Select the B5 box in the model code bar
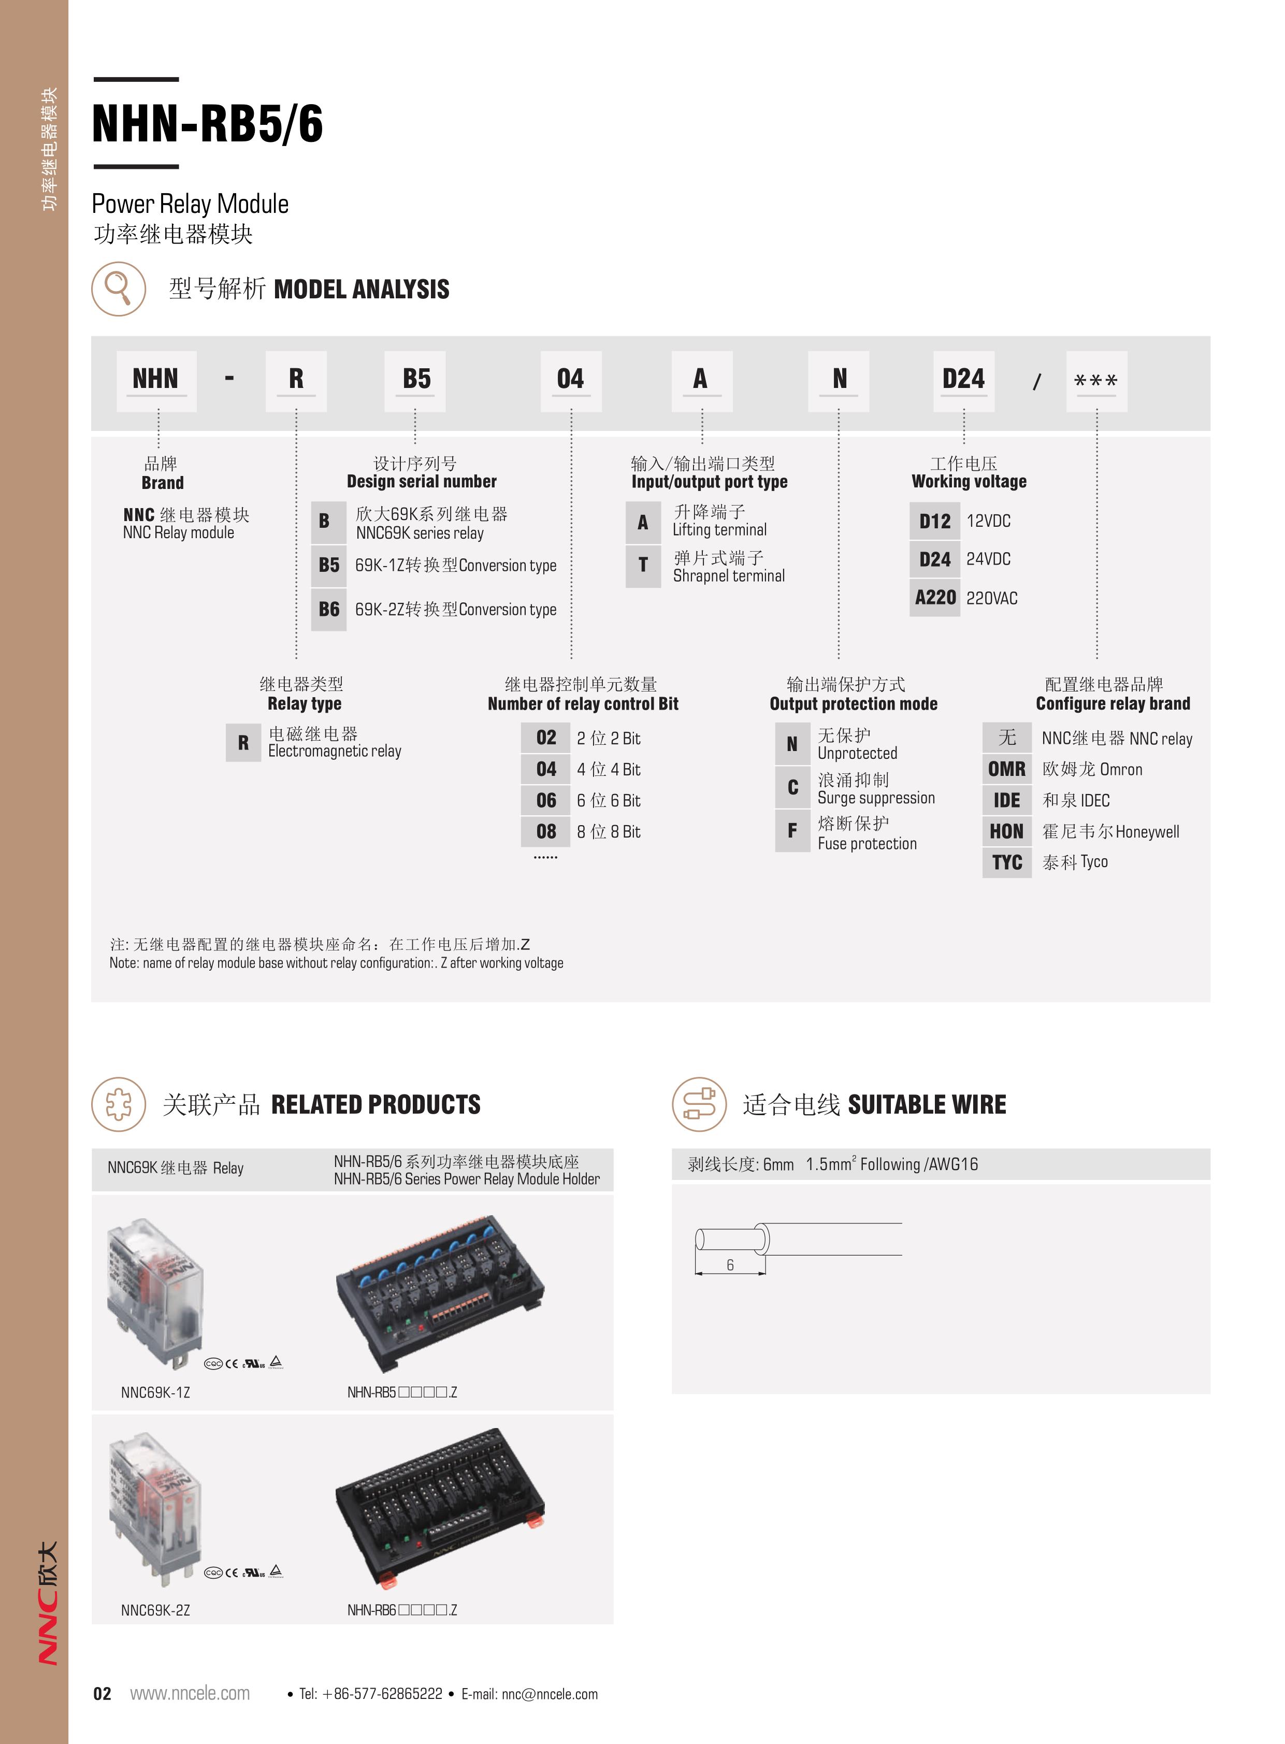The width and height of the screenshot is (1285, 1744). click(416, 380)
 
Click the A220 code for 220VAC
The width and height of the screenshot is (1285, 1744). click(935, 597)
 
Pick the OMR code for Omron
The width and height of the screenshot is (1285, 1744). click(1006, 769)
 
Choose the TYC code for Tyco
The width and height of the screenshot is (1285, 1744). click(1006, 862)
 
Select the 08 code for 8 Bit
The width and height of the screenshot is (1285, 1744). click(546, 831)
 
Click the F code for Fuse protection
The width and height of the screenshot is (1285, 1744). click(792, 831)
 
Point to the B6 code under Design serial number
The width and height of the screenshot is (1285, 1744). click(328, 609)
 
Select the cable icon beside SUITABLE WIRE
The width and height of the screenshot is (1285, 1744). click(699, 1104)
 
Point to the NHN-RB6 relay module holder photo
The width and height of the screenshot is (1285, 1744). click(440, 1505)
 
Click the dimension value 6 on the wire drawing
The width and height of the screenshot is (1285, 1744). click(730, 1265)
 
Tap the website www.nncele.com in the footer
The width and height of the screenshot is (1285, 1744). click(190, 1693)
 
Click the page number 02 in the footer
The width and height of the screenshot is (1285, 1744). click(102, 1693)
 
